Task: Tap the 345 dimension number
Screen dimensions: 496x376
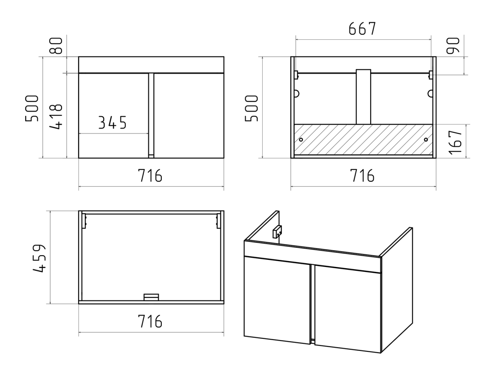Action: click(x=112, y=122)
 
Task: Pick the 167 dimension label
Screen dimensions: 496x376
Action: click(x=455, y=142)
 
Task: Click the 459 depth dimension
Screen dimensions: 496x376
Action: click(x=40, y=258)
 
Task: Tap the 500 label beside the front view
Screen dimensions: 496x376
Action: click(x=32, y=108)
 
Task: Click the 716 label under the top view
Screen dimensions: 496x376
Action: click(x=150, y=321)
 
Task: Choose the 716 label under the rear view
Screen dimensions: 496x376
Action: click(x=362, y=175)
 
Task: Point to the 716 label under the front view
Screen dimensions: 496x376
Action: click(x=150, y=175)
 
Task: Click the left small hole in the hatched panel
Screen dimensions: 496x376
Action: click(x=301, y=140)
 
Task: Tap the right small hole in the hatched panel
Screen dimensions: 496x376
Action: click(x=426, y=140)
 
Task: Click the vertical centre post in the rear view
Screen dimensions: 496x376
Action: click(x=363, y=97)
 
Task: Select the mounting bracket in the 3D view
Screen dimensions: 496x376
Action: click(x=277, y=231)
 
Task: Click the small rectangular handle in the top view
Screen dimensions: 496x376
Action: click(x=151, y=297)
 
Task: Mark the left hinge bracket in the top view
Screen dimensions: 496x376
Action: click(x=84, y=221)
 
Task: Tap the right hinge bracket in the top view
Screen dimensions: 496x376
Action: click(x=218, y=221)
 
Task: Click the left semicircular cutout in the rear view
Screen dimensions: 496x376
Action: click(x=297, y=94)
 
